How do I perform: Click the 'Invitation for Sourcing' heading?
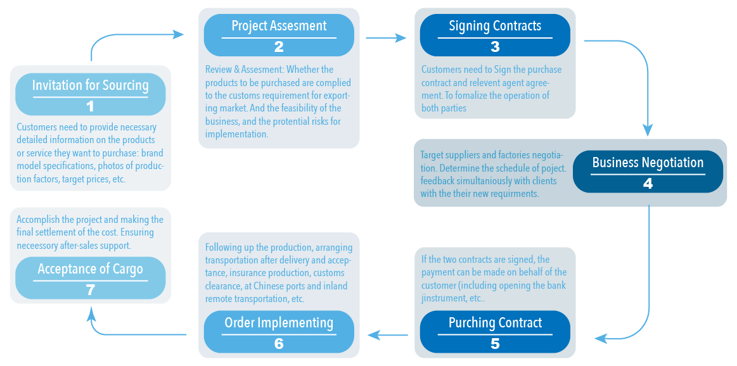90,85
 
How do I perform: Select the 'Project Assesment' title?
279,26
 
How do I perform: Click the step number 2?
279,46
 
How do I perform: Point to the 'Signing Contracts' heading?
495,26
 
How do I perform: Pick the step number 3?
495,46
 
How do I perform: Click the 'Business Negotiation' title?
648,163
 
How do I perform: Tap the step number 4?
648,184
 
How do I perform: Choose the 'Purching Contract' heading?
495,323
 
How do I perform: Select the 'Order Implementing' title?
279,323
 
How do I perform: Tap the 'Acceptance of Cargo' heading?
90,269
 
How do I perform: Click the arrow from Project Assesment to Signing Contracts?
386,38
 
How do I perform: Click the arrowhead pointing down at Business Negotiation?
648,130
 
